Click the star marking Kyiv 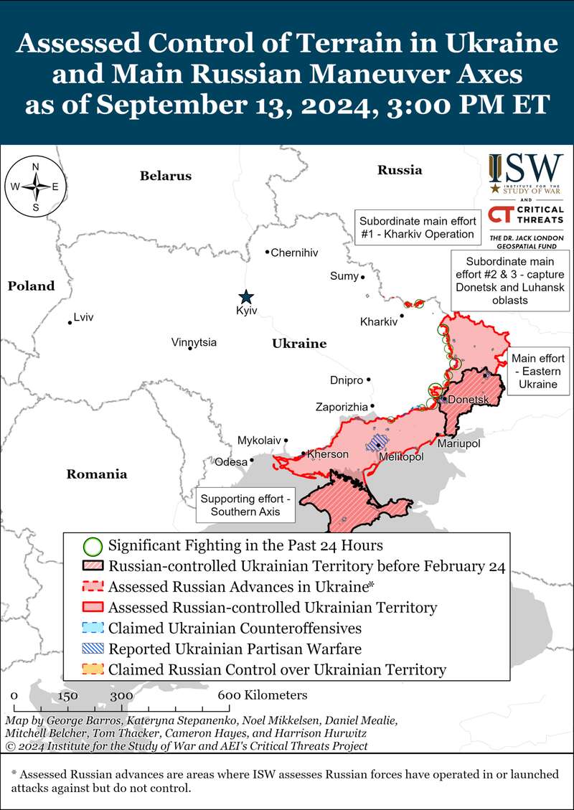(x=246, y=296)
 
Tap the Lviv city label (x=84, y=316)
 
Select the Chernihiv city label (x=294, y=253)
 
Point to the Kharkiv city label (x=378, y=322)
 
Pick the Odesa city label (x=231, y=461)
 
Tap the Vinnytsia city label (x=194, y=342)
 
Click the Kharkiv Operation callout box (x=417, y=227)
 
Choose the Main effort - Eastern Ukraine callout (x=538, y=371)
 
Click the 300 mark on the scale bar (x=121, y=695)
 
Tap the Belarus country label (x=166, y=175)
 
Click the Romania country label (x=96, y=474)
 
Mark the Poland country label (x=31, y=286)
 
